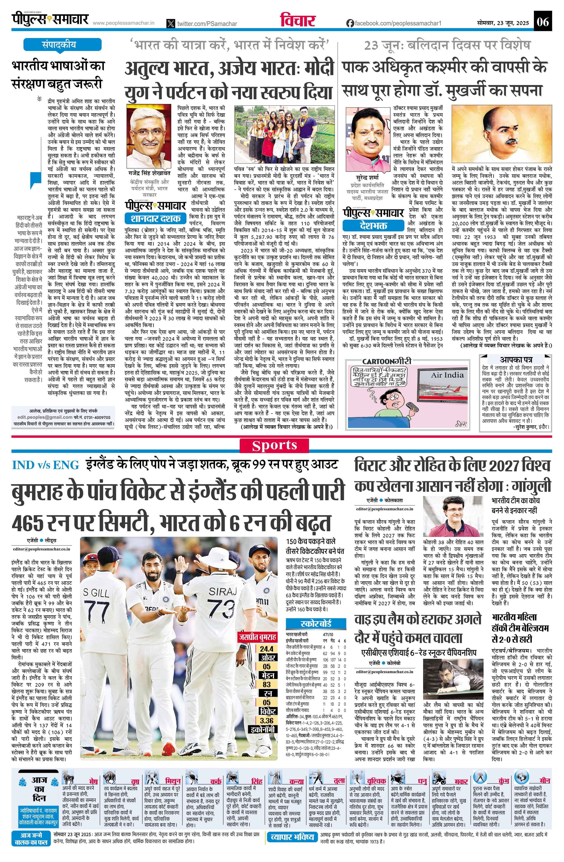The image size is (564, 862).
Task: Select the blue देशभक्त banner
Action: pos(373,226)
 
